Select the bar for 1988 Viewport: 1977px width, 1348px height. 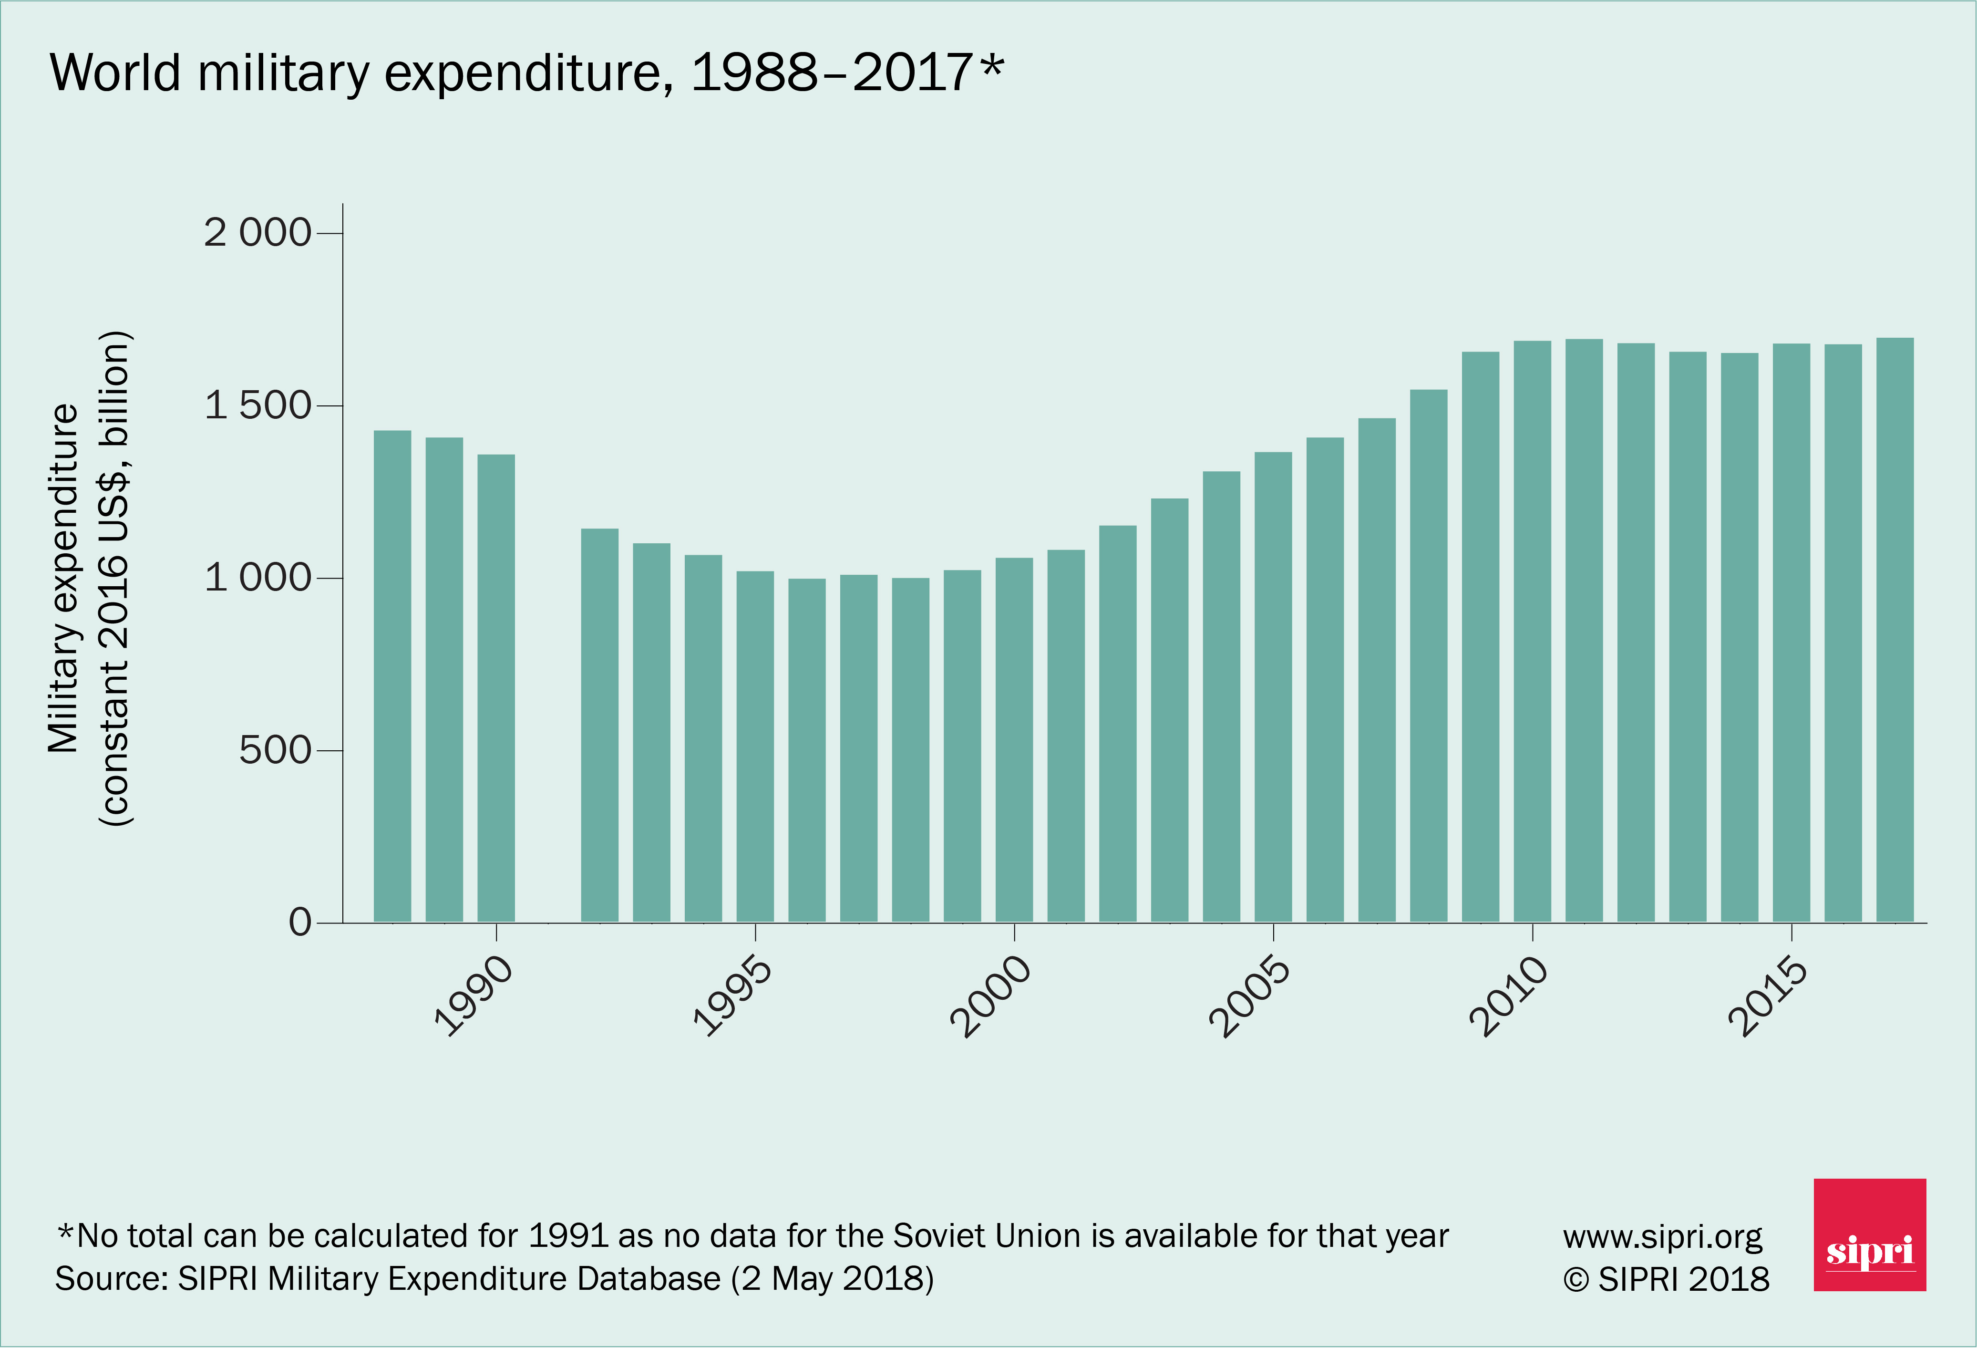(x=392, y=676)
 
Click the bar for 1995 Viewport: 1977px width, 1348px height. (x=755, y=747)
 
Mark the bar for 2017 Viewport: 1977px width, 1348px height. (x=1895, y=630)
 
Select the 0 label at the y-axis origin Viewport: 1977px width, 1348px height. (x=300, y=923)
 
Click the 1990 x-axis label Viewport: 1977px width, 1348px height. (x=474, y=995)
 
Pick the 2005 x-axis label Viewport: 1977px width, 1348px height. (x=1250, y=995)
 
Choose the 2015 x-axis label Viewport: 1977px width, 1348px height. (x=1768, y=995)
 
